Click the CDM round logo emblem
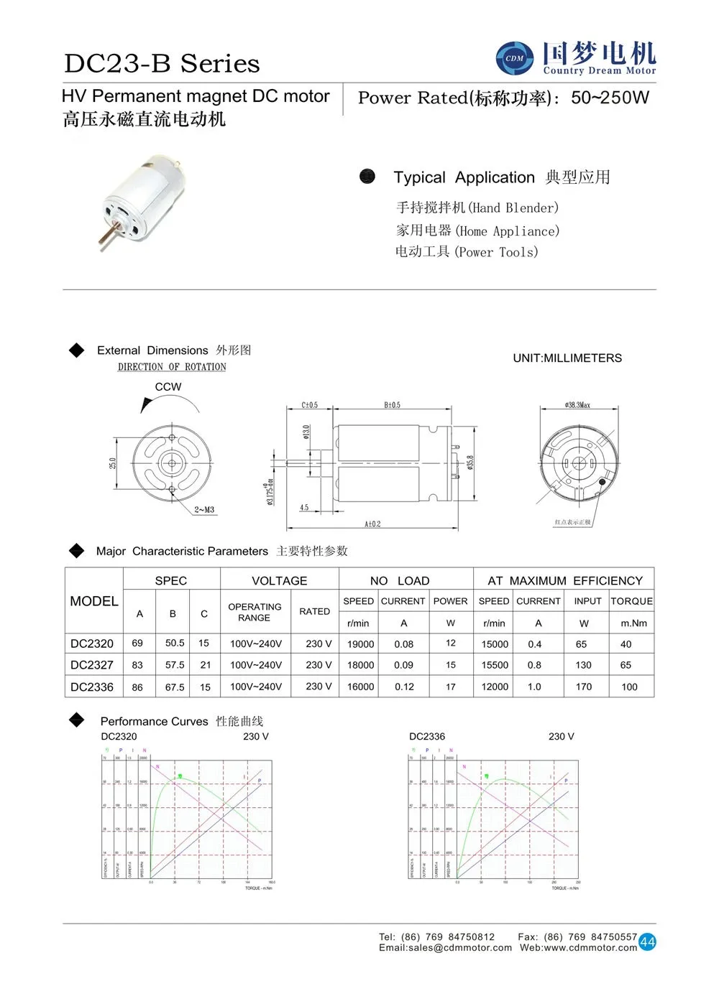(x=515, y=58)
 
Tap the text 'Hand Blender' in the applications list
(x=514, y=208)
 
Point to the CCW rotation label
(x=168, y=386)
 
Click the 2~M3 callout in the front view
(x=204, y=510)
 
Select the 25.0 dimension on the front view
(x=113, y=463)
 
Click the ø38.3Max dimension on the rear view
(x=577, y=405)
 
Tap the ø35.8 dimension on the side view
(x=470, y=462)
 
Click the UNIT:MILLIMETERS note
(x=567, y=358)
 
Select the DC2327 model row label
(x=92, y=665)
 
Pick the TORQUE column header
(x=631, y=601)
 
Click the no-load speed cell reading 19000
(x=360, y=644)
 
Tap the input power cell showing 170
(x=584, y=687)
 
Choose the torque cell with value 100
(x=629, y=687)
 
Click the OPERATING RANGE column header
(x=255, y=612)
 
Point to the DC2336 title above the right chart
(x=427, y=736)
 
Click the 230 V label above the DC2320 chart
(x=256, y=736)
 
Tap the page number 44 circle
(x=647, y=942)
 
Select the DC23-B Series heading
(x=162, y=63)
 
